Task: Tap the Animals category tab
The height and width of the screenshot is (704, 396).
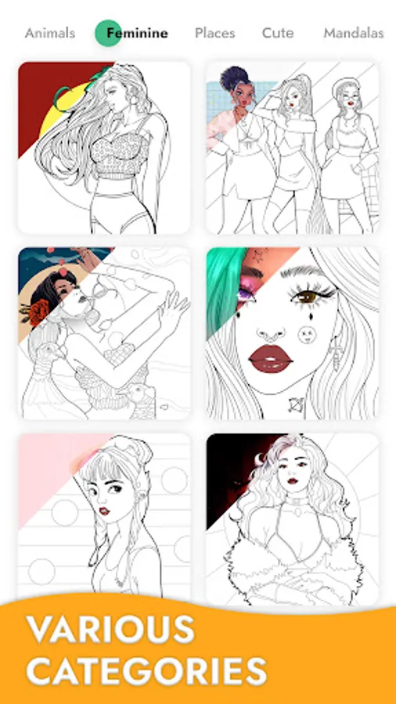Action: [50, 33]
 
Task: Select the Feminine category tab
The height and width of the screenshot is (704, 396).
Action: [137, 33]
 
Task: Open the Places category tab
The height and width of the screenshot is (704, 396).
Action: [214, 33]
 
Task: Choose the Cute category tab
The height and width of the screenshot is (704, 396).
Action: [278, 33]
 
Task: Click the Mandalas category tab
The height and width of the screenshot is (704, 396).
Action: [353, 33]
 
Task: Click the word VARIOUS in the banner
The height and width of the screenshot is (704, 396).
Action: [110, 630]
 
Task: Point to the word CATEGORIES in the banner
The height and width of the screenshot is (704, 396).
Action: [146, 671]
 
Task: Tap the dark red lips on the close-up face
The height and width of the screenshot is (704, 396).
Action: [270, 359]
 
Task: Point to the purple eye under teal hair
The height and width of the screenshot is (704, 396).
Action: [247, 296]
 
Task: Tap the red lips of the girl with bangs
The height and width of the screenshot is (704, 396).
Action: [105, 511]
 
